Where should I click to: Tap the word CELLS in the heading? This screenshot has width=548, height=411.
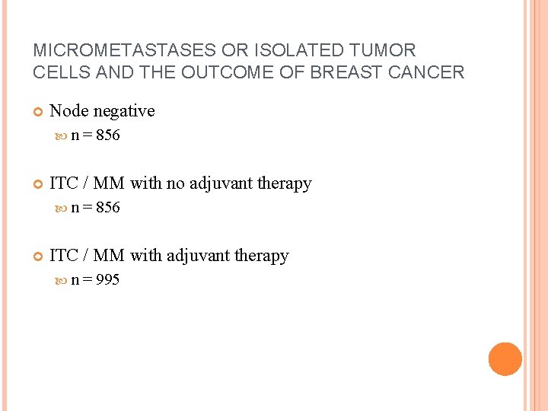(61, 72)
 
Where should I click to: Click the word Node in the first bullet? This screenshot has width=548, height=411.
(68, 111)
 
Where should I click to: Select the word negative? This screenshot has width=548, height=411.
(123, 111)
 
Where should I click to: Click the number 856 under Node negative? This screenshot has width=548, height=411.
(108, 136)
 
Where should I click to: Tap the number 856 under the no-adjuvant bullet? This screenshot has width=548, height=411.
(108, 208)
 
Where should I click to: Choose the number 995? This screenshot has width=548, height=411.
(108, 280)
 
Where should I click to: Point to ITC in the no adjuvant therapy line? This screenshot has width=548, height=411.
(62, 183)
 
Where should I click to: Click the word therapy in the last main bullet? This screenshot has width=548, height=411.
(263, 256)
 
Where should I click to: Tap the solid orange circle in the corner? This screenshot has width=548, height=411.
(505, 359)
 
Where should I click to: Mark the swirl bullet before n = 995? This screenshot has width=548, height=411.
(63, 281)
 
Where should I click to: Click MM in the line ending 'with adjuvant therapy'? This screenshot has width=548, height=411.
(107, 256)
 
